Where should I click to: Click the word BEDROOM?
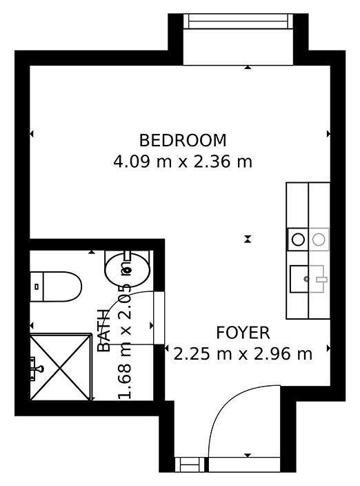click(x=183, y=140)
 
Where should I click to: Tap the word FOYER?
click(x=243, y=333)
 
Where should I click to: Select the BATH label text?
click(x=104, y=331)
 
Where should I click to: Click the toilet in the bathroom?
click(x=56, y=286)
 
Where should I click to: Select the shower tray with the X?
click(x=61, y=367)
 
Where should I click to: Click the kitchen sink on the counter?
click(x=307, y=279)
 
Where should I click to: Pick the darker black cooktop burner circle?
click(x=298, y=240)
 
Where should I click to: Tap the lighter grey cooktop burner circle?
click(x=319, y=240)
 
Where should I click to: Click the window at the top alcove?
click(x=238, y=21)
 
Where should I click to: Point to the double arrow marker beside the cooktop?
click(x=248, y=239)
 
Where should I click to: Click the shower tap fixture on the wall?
click(x=36, y=369)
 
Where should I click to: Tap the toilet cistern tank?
click(x=37, y=286)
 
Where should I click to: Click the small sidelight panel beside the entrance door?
click(x=190, y=465)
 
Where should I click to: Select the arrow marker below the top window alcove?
click(x=248, y=67)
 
